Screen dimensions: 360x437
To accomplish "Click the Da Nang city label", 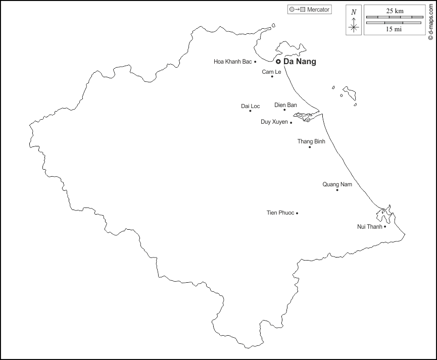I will pyautogui.click(x=300, y=62).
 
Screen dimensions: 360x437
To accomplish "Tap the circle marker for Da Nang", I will pyautogui.click(x=278, y=62).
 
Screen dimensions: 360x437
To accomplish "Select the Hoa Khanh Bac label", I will pyautogui.click(x=232, y=62).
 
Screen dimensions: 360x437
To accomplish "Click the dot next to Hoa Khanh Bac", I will pyautogui.click(x=255, y=62).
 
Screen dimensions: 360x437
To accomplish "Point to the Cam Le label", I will pyautogui.click(x=271, y=72).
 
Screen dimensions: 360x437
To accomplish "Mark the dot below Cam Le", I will pyautogui.click(x=272, y=77).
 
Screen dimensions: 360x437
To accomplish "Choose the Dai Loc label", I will pyautogui.click(x=251, y=106).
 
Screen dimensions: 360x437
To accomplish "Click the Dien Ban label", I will pyautogui.click(x=285, y=105).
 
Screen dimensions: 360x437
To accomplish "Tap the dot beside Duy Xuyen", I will pyautogui.click(x=291, y=123).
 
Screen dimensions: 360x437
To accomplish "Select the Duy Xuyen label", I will pyautogui.click(x=274, y=122).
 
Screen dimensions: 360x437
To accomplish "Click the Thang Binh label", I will pyautogui.click(x=311, y=141).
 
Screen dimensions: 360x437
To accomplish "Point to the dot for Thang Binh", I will pyautogui.click(x=310, y=147).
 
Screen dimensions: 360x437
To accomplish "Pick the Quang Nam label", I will pyautogui.click(x=337, y=184).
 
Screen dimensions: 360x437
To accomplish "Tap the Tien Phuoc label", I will pyautogui.click(x=280, y=213).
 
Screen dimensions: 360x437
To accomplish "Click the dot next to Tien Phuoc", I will pyautogui.click(x=297, y=213).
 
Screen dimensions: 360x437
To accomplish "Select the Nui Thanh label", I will pyautogui.click(x=370, y=226).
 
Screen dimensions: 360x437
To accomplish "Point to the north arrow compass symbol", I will pyautogui.click(x=354, y=21).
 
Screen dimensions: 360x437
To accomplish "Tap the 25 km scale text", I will pyautogui.click(x=395, y=11).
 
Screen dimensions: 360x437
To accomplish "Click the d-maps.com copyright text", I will pyautogui.click(x=430, y=20).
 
